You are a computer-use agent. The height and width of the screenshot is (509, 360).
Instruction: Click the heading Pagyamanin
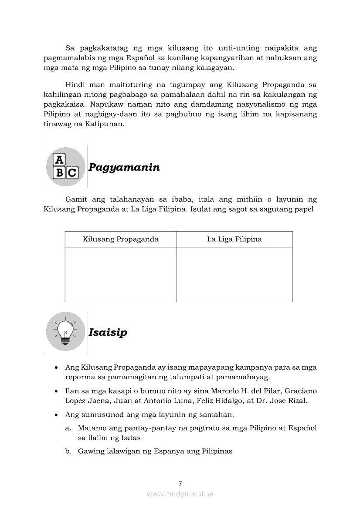[x=124, y=168]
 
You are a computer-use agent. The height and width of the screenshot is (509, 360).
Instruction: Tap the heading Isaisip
[x=108, y=333]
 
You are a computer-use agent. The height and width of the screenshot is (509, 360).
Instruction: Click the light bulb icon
[x=65, y=332]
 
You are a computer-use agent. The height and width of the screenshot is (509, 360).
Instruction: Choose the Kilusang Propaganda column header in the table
[x=121, y=239]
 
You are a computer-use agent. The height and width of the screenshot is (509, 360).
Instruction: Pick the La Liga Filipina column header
[x=234, y=239]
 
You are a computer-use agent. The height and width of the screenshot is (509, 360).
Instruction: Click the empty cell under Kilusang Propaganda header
[x=121, y=275]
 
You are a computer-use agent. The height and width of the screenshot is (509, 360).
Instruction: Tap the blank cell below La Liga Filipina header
[x=234, y=275]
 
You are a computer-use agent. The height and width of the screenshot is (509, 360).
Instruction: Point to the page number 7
[x=180, y=483]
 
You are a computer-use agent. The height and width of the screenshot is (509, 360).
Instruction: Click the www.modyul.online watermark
[x=180, y=494]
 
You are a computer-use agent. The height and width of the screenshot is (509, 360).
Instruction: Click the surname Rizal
[x=298, y=401]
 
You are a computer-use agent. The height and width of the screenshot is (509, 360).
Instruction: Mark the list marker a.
[x=68, y=428]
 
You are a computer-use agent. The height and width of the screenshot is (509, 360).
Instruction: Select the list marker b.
[x=68, y=452]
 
